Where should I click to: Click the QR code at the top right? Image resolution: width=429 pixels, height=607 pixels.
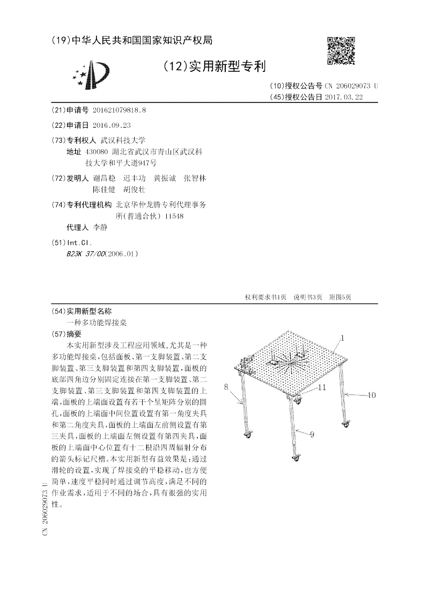[x=341, y=51]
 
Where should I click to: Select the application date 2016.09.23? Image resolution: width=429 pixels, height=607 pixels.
[x=112, y=125]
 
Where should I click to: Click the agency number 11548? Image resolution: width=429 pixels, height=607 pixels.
[x=175, y=216]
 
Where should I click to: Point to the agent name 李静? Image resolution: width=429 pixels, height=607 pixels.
[x=100, y=228]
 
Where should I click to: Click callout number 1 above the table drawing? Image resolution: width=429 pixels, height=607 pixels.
[x=343, y=339]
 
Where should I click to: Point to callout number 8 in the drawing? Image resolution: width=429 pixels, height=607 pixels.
[x=227, y=386]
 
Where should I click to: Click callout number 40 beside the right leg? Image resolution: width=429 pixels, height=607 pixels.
[x=371, y=396]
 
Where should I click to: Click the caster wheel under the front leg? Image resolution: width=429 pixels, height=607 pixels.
[x=295, y=458]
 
